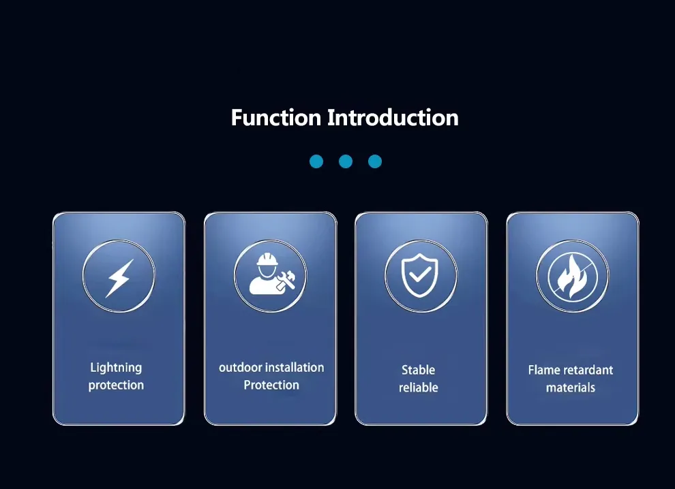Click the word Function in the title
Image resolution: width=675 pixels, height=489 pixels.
276,117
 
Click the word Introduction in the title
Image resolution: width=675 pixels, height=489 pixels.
393,117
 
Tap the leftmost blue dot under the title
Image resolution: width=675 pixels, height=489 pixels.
316,161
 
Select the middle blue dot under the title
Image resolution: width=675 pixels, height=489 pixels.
346,161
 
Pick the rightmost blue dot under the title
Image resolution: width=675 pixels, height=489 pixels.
375,161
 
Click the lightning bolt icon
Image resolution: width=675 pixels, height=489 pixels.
119,278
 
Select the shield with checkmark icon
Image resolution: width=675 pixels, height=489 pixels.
420,275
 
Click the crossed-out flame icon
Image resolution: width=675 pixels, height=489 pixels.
573,276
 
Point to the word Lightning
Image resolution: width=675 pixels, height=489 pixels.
116,368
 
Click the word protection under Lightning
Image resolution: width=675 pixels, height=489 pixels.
116,385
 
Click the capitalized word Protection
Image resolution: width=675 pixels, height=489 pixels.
271,385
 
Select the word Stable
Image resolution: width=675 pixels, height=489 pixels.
419,370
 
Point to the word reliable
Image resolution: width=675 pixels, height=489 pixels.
419,388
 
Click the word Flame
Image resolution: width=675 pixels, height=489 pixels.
544,370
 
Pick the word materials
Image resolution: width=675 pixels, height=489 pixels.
571,388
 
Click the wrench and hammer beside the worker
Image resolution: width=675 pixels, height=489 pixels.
286,281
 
